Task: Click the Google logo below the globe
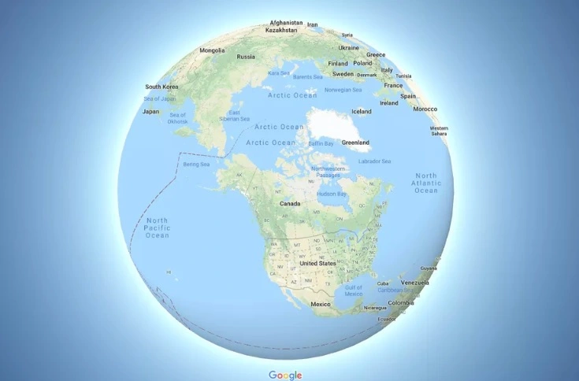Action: click(285, 375)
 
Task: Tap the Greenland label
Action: click(355, 142)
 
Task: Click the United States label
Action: click(318, 263)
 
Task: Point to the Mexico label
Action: click(321, 303)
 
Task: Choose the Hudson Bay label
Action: click(331, 193)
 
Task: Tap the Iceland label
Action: click(361, 112)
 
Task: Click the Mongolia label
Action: click(213, 50)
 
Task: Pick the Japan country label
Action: click(150, 111)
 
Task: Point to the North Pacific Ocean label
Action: click(157, 227)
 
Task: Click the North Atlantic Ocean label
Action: click(425, 183)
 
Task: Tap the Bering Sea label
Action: click(196, 165)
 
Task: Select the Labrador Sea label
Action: click(374, 161)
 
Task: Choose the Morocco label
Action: click(425, 109)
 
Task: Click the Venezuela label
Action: click(415, 282)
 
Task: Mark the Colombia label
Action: click(400, 303)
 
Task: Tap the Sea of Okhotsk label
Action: click(177, 118)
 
